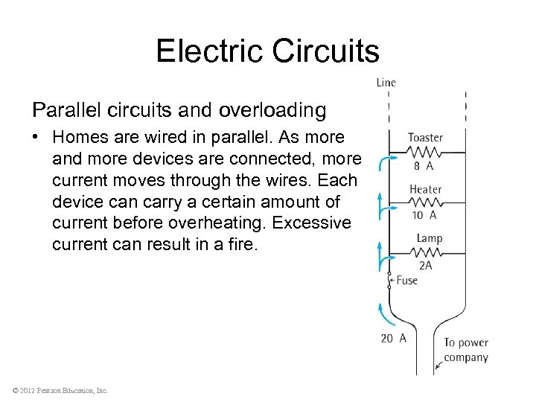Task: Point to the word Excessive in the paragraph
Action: point(313,223)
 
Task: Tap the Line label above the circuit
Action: point(386,83)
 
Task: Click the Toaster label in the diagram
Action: point(425,138)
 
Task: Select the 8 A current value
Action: point(424,166)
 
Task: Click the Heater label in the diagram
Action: point(425,189)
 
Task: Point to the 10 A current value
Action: point(424,215)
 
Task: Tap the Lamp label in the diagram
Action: point(430,238)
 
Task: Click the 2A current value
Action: point(425,265)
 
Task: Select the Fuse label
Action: point(407,281)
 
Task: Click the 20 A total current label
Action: point(393,337)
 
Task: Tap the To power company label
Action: point(466,350)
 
